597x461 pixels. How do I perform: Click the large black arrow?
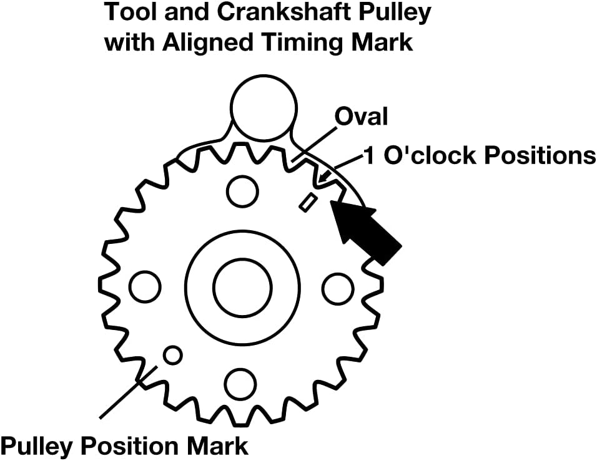(365, 232)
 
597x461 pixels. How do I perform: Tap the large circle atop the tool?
(263, 108)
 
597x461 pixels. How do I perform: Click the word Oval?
(362, 117)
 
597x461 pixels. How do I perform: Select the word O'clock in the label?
(430, 155)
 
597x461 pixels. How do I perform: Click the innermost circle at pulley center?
(242, 287)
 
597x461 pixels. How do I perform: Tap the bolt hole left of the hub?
(145, 287)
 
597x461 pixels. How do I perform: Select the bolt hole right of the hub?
(338, 288)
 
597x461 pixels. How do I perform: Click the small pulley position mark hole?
(172, 356)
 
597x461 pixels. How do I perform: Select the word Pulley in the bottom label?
(37, 446)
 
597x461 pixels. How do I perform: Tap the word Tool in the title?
(128, 12)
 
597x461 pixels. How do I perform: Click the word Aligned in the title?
(207, 43)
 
